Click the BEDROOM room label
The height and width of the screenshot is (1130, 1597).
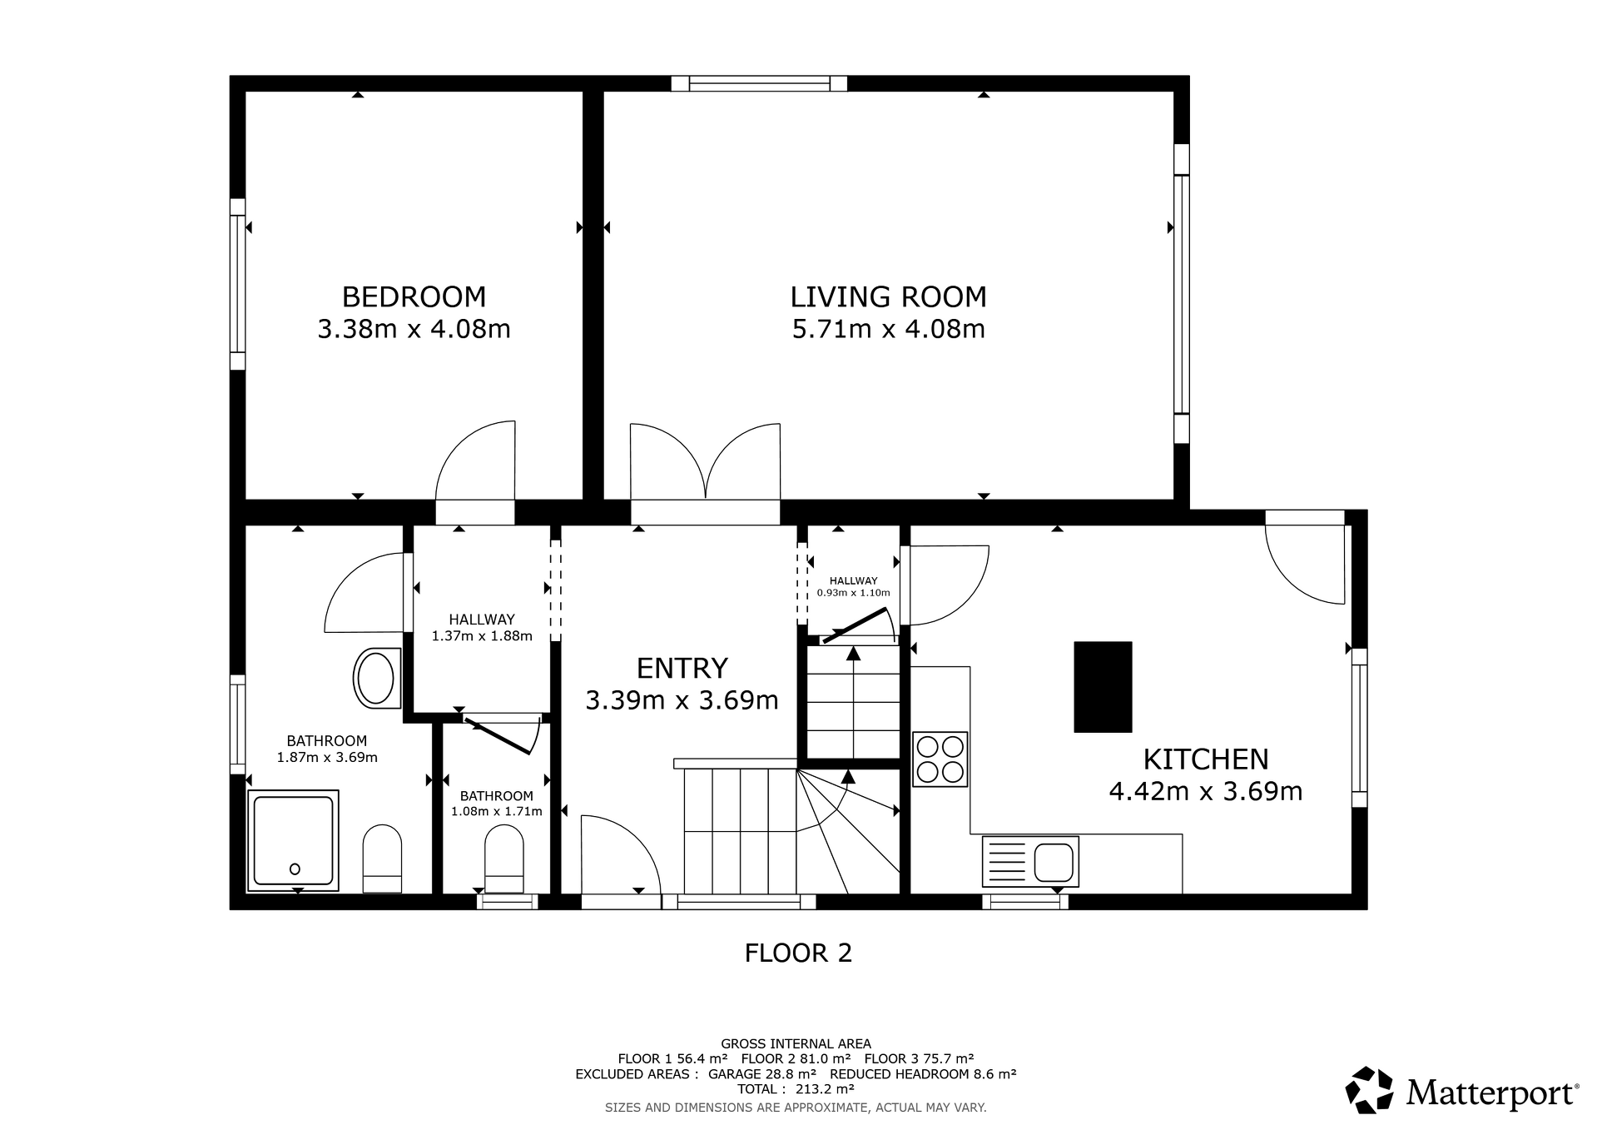tap(414, 296)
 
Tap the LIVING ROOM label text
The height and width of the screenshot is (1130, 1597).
tap(888, 296)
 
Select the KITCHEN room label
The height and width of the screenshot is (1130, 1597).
tap(1206, 759)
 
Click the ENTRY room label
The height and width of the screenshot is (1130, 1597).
tap(682, 668)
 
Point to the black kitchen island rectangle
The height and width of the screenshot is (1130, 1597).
tap(1103, 687)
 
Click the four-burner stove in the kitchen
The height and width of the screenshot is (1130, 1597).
tap(940, 759)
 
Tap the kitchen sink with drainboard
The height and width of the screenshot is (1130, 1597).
tap(1030, 861)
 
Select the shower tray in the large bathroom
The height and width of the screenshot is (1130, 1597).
tap(293, 840)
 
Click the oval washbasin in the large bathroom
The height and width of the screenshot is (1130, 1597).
tap(376, 679)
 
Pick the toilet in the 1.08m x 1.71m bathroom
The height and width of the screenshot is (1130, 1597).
tap(504, 859)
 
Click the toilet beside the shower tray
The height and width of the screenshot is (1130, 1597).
tap(382, 859)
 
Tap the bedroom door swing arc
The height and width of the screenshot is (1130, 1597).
tap(475, 460)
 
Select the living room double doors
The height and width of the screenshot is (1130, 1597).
tap(705, 461)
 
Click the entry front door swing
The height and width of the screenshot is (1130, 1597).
tap(620, 854)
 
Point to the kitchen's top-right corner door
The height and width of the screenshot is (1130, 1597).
tap(1305, 564)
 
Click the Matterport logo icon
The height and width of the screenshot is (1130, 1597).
tap(1369, 1089)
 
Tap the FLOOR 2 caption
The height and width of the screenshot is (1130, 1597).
tap(798, 953)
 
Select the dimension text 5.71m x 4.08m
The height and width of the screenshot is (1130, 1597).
tap(888, 329)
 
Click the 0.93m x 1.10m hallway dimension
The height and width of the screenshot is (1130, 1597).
tap(853, 593)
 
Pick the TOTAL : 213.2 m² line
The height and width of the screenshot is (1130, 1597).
tap(796, 1089)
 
